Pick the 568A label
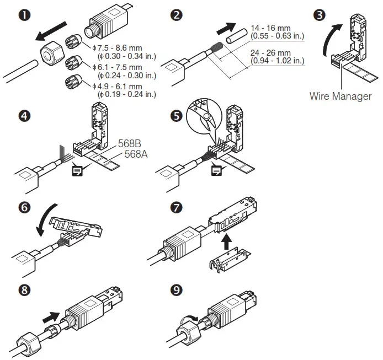[136, 154]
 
